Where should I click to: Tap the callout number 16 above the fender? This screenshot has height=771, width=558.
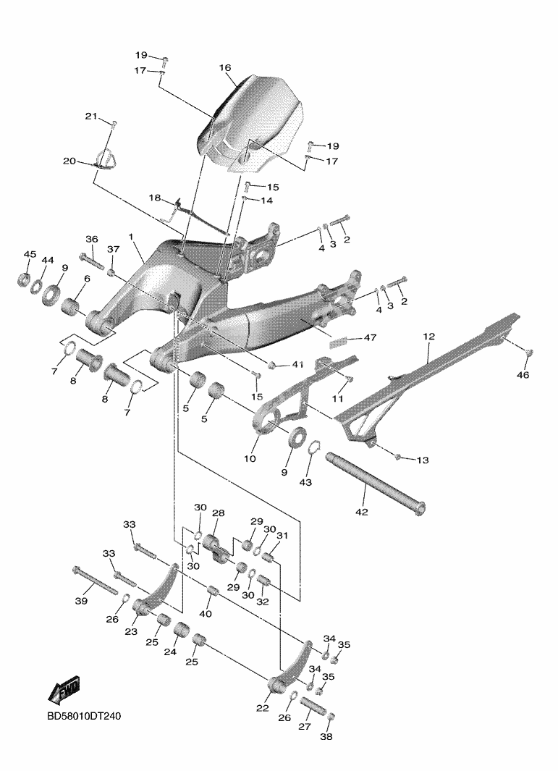tap(224, 67)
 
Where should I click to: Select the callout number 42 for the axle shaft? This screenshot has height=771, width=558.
tap(361, 512)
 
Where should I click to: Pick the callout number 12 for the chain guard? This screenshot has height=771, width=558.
tap(428, 337)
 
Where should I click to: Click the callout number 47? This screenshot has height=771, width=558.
tap(371, 338)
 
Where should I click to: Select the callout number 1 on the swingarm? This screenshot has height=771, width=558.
tap(131, 237)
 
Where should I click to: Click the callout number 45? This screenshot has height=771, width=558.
tap(30, 254)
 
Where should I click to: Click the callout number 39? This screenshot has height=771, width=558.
tap(81, 601)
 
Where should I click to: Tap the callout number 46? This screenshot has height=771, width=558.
tap(522, 375)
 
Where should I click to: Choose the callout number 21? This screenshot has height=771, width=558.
tap(90, 117)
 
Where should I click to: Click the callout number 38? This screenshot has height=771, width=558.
tap(326, 737)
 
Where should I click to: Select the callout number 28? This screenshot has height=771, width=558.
tap(218, 513)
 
